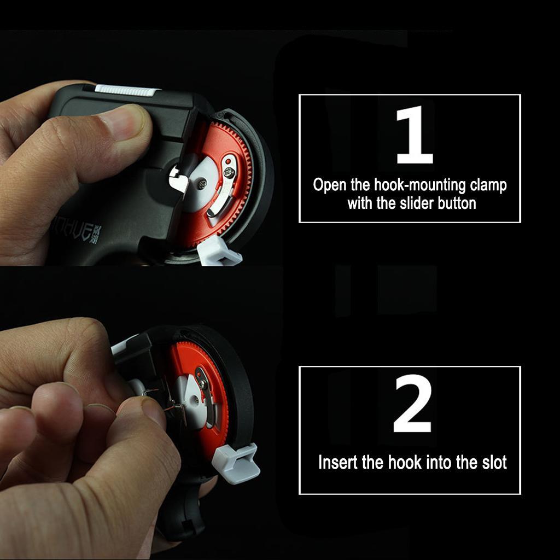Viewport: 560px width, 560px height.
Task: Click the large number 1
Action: (415, 135)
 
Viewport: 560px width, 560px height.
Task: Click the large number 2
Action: (412, 403)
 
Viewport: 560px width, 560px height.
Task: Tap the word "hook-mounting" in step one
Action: (420, 185)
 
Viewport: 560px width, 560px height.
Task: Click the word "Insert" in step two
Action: (338, 462)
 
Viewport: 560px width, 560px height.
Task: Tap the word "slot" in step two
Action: (494, 462)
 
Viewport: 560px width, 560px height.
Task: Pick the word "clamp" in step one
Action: (488, 185)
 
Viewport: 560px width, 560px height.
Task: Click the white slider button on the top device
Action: (126, 90)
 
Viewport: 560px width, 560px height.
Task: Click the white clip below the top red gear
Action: (219, 252)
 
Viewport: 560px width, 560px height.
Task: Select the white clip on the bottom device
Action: (236, 464)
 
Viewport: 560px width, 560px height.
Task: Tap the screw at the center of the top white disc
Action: (202, 184)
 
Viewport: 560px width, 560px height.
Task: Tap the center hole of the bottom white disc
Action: (194, 399)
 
